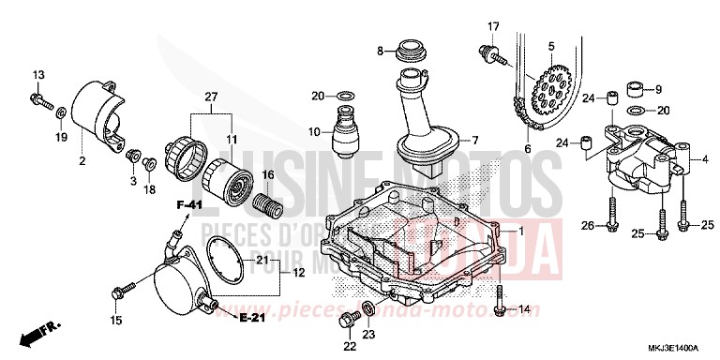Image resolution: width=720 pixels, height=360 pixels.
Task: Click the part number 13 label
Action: tap(38, 74)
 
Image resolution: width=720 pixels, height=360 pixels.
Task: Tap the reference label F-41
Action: tap(192, 203)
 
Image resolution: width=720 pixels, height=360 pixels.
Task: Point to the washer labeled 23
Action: tap(368, 309)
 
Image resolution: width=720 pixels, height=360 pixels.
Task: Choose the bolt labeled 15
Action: tap(118, 292)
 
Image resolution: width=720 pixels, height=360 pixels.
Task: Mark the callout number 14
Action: tap(524, 308)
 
